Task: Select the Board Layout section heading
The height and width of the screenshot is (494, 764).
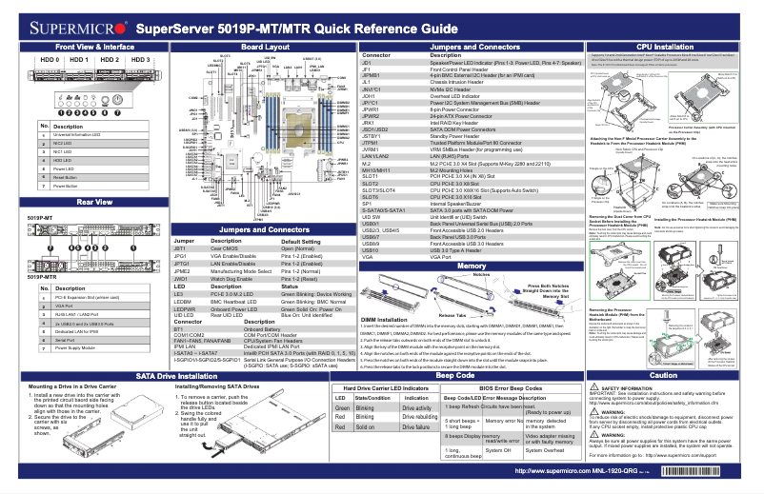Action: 265,46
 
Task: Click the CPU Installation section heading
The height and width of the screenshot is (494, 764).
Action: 664,46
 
